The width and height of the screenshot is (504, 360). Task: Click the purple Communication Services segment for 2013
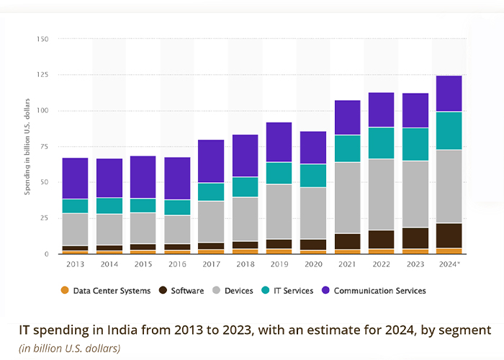[75, 178]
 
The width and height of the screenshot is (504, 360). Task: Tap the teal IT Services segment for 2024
[449, 130]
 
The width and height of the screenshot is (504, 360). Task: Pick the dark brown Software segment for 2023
[415, 238]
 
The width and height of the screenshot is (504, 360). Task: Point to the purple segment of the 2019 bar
[279, 142]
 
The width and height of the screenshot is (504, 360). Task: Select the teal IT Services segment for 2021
[348, 148]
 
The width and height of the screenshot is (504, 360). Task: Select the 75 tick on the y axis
[43, 146]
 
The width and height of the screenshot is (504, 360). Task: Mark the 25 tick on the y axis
[43, 218]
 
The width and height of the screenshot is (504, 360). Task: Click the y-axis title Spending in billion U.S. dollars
[27, 148]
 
